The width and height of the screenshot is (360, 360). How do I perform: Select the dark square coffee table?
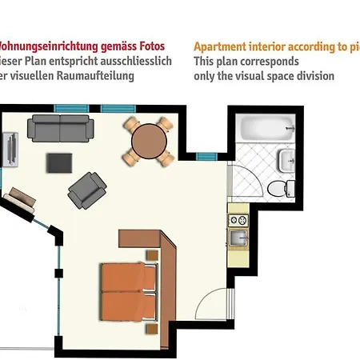(x=59, y=162)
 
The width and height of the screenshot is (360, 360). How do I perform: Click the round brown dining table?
(x=149, y=142)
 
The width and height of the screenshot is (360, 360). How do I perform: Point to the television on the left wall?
(x=10, y=149)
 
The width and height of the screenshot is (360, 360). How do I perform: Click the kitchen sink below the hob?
(x=238, y=237)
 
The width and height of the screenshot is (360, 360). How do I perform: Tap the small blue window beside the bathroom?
(x=207, y=156)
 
